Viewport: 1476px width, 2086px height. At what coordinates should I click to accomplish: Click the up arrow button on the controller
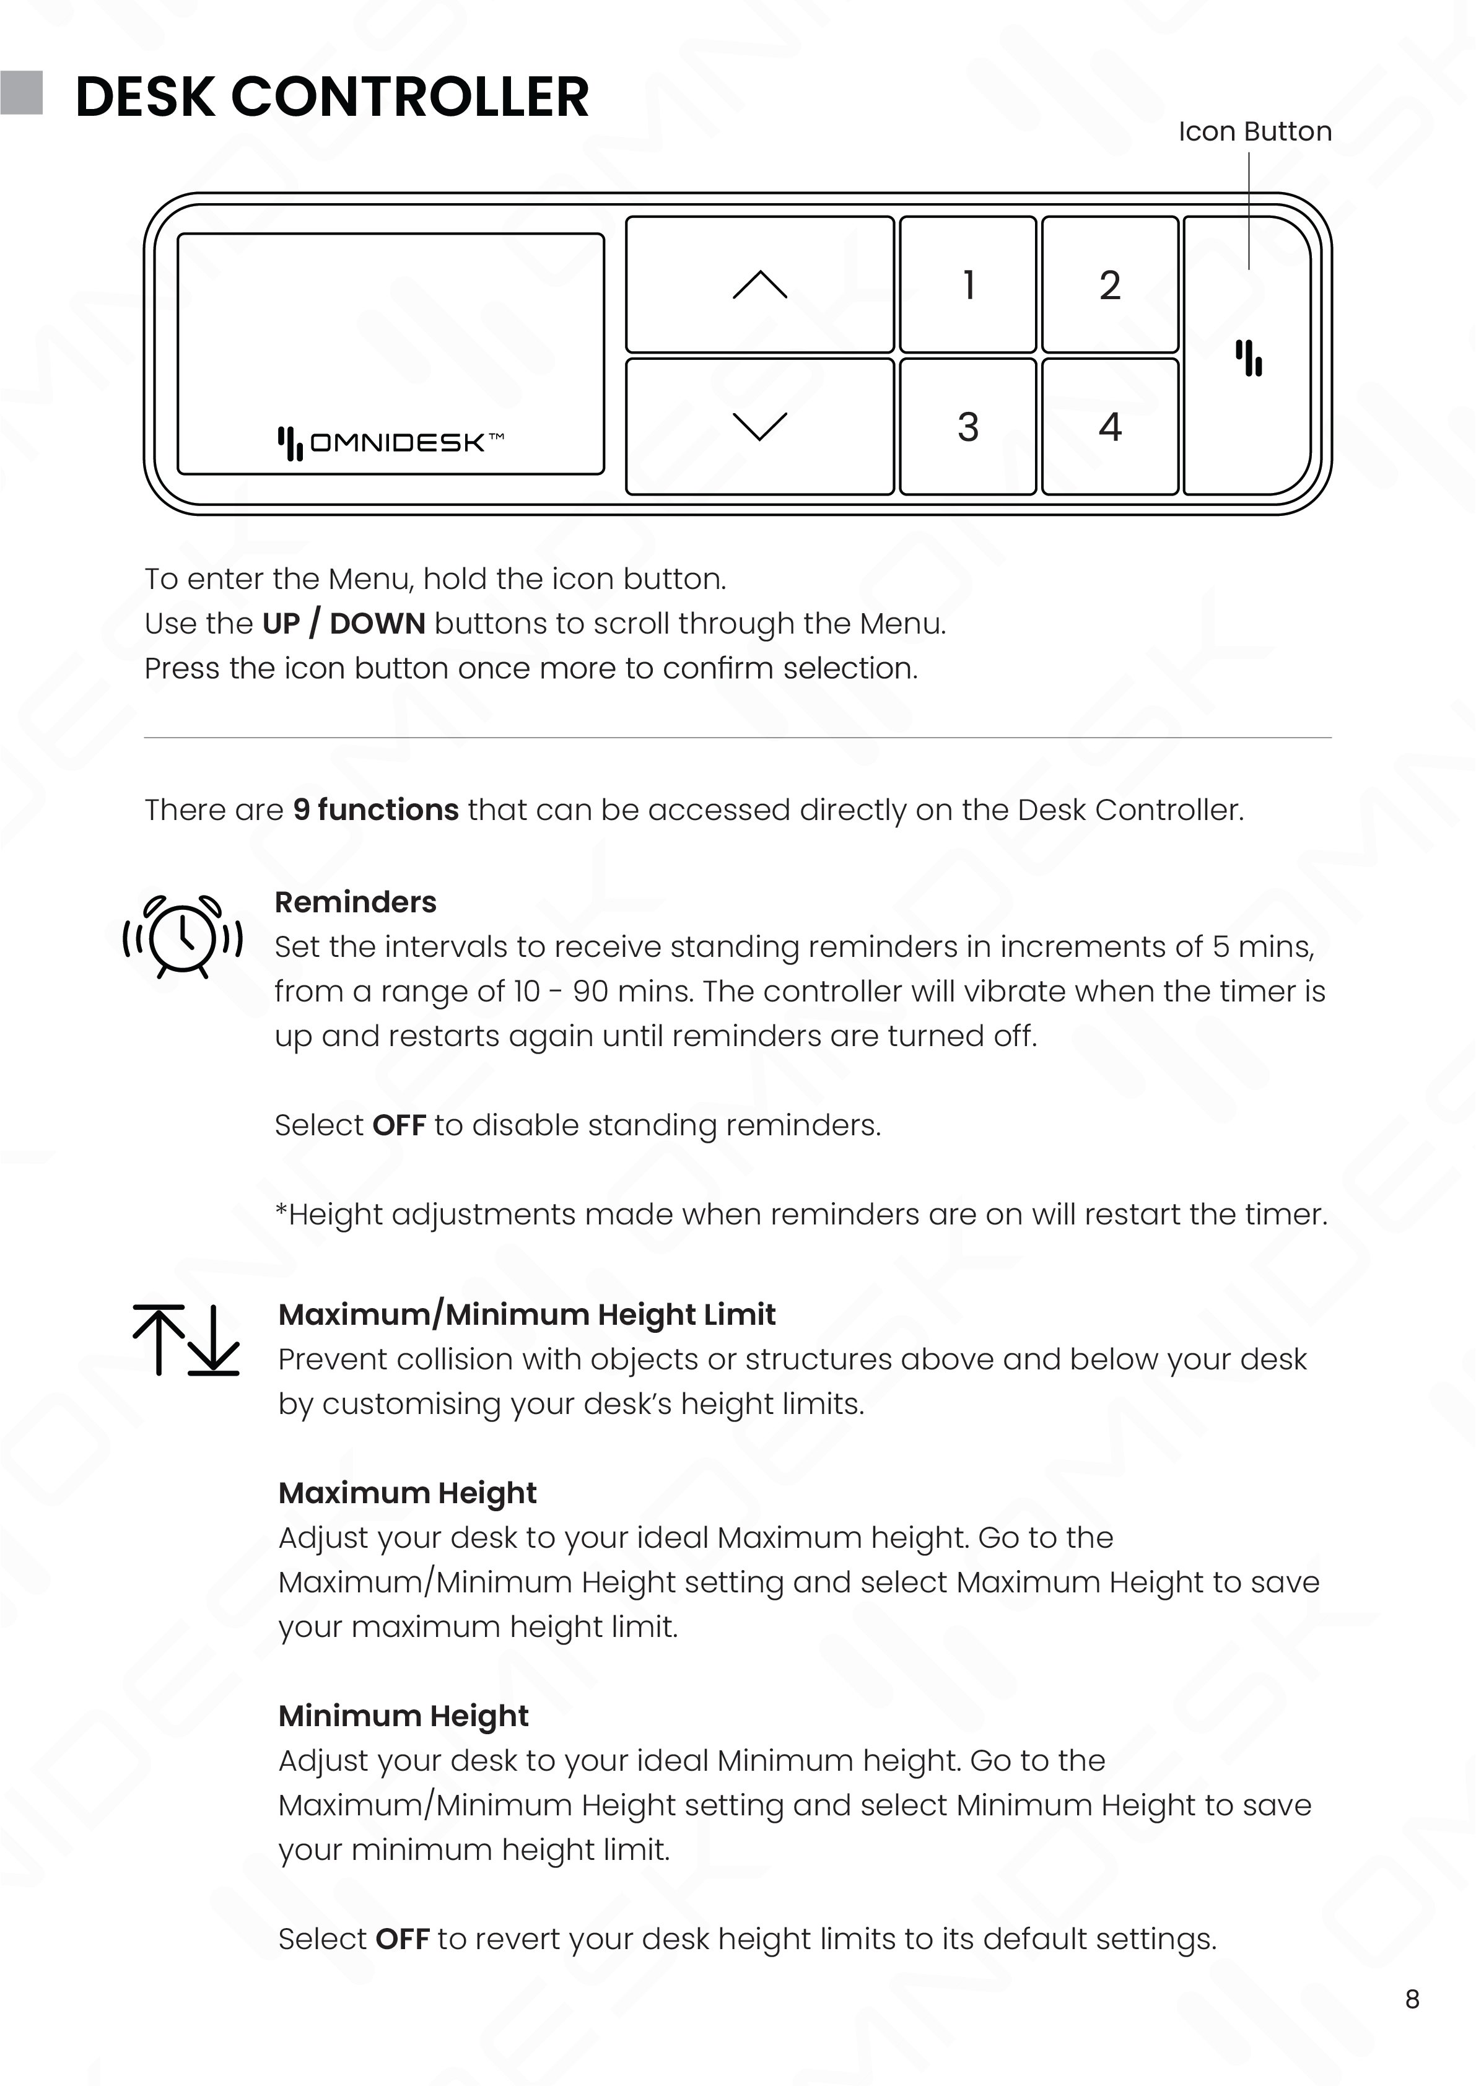click(760, 284)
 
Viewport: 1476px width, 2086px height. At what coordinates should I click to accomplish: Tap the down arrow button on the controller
click(760, 426)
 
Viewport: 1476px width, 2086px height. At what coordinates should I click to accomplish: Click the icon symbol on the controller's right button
click(1249, 358)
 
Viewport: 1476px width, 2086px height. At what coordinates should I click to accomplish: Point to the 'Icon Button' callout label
click(1254, 132)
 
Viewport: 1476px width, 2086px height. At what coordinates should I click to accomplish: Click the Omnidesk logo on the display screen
click(391, 443)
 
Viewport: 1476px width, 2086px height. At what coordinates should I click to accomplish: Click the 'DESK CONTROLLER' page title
click(332, 97)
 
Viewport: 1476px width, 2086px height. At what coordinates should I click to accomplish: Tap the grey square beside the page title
click(21, 93)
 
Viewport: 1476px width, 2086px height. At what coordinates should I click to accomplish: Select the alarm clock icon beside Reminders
click(183, 937)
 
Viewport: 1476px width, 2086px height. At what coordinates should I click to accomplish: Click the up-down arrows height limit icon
click(185, 1340)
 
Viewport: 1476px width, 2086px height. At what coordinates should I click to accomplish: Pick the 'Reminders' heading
click(356, 902)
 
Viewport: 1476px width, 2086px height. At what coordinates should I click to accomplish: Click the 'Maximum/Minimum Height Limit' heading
click(526, 1314)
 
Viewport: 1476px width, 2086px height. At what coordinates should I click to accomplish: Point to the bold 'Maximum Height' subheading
click(407, 1493)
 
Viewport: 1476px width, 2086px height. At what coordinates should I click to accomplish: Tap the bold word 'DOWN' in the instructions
click(377, 624)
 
